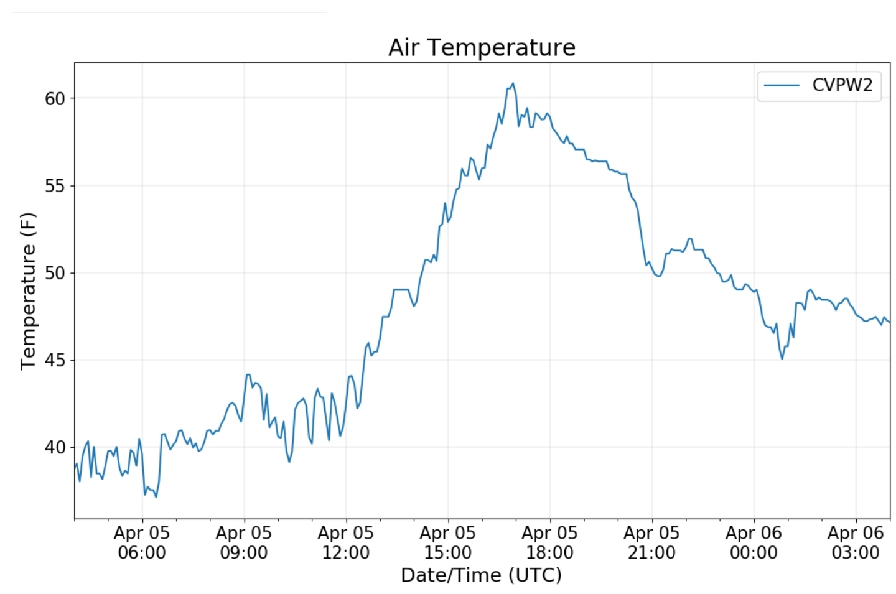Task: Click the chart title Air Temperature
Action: click(482, 48)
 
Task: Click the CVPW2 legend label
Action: click(842, 85)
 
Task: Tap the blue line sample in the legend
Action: click(782, 85)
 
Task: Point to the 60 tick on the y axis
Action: click(55, 98)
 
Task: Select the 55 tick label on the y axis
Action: click(55, 186)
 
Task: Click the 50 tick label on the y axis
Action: click(55, 273)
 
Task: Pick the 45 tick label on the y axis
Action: click(55, 360)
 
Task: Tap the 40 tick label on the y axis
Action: click(55, 447)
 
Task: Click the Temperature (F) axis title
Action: click(28, 291)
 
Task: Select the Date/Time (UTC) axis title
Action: click(481, 575)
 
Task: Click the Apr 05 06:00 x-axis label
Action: click(142, 542)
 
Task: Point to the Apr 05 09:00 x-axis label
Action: click(244, 542)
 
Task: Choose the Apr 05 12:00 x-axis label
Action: click(346, 542)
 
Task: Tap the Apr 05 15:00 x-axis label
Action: click(448, 542)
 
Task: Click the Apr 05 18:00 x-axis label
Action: click(550, 542)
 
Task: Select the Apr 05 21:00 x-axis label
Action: click(651, 542)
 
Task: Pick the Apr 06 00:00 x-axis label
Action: click(754, 542)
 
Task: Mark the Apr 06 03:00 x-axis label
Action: click(856, 542)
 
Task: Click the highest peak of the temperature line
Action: click(513, 83)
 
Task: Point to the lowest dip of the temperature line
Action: click(156, 497)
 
